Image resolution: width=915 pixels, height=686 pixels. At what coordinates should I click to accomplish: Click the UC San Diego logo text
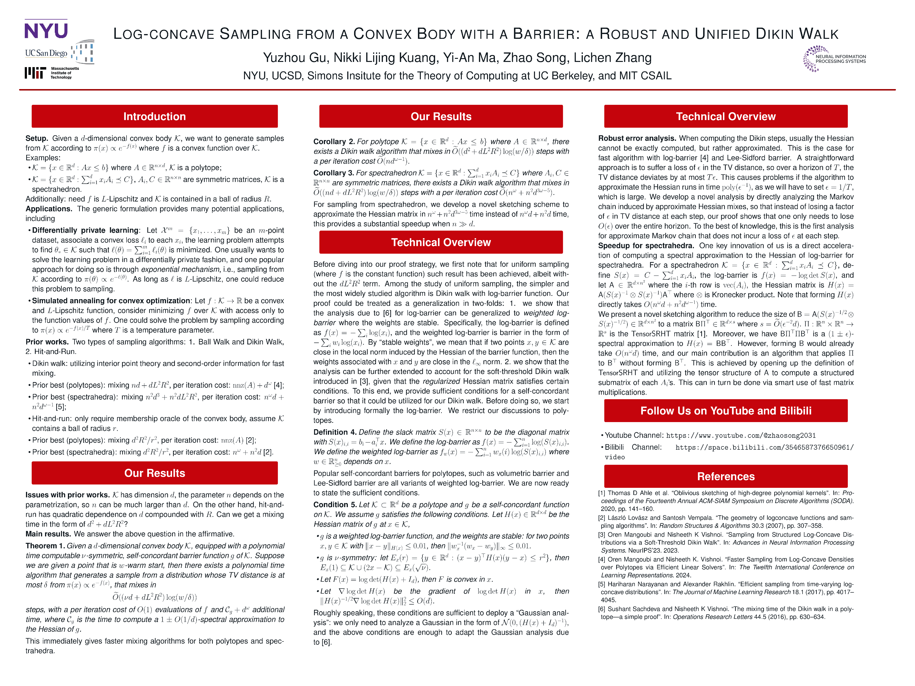pyautogui.click(x=46, y=53)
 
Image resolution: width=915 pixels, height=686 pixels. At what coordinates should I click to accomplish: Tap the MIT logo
pyautogui.click(x=35, y=73)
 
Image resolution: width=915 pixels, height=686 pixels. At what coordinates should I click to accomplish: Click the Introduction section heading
pyautogui.click(x=154, y=117)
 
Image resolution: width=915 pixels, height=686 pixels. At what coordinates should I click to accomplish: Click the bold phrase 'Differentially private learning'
pyautogui.click(x=85, y=230)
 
